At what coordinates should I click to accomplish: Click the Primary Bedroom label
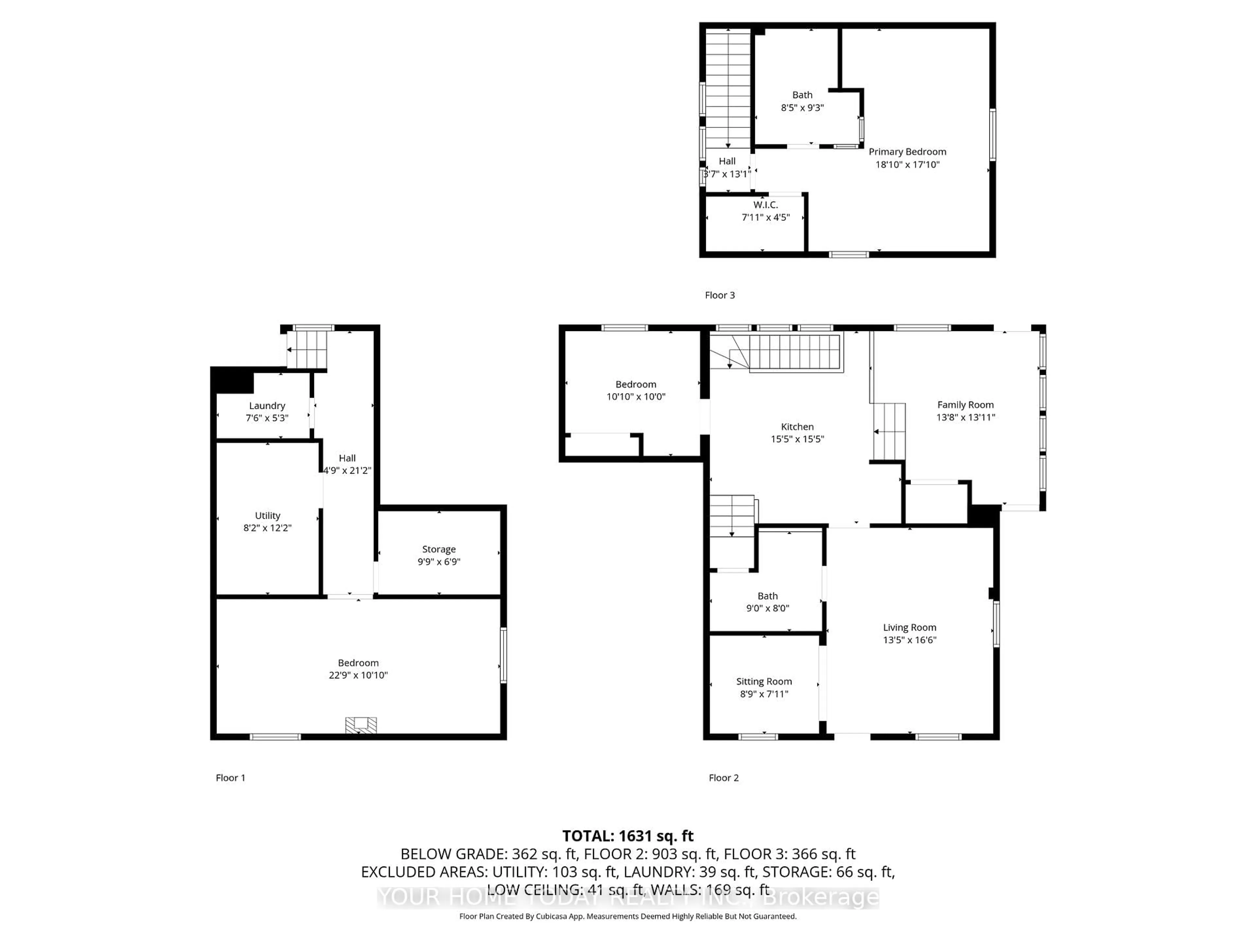(x=907, y=152)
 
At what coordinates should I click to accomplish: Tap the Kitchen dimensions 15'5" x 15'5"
(x=797, y=439)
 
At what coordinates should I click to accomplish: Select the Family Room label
(x=965, y=405)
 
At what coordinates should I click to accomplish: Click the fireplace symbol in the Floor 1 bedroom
(x=361, y=726)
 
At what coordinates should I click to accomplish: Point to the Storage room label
(x=438, y=549)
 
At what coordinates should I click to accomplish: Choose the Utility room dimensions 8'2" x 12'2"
(x=268, y=528)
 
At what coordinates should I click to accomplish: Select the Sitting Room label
(x=764, y=681)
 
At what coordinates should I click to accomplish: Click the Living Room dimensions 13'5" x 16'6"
(x=909, y=640)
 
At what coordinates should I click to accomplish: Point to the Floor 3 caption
(x=719, y=295)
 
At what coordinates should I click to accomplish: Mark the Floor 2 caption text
(x=724, y=778)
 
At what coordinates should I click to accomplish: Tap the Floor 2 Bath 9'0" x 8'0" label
(x=767, y=596)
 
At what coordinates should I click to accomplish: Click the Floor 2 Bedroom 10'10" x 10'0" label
(x=636, y=384)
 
